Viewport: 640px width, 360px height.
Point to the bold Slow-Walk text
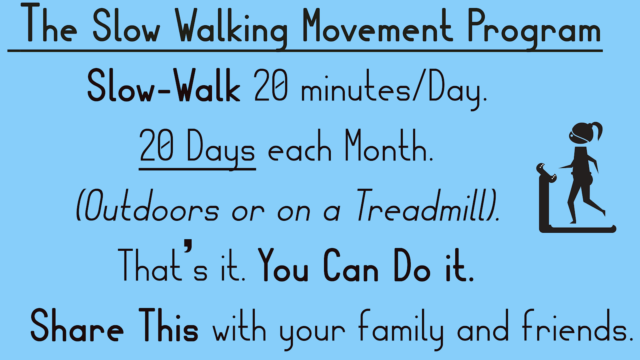pos(164,86)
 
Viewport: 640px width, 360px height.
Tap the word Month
pos(388,146)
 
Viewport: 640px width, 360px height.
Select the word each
pos(300,150)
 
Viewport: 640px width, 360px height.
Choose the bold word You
pos(283,266)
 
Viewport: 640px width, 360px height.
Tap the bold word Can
pos(351,266)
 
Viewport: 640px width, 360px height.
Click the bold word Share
pos(77,326)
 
